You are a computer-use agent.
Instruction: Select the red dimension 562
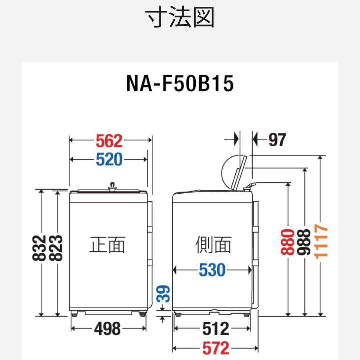click(x=109, y=141)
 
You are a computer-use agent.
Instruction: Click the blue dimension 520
click(x=109, y=160)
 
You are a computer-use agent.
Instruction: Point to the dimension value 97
click(x=277, y=140)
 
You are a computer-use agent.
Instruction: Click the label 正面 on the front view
click(x=107, y=245)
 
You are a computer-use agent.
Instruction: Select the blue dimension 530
click(x=212, y=270)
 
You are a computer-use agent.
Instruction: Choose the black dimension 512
click(x=216, y=329)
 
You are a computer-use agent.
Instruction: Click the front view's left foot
click(x=74, y=313)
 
